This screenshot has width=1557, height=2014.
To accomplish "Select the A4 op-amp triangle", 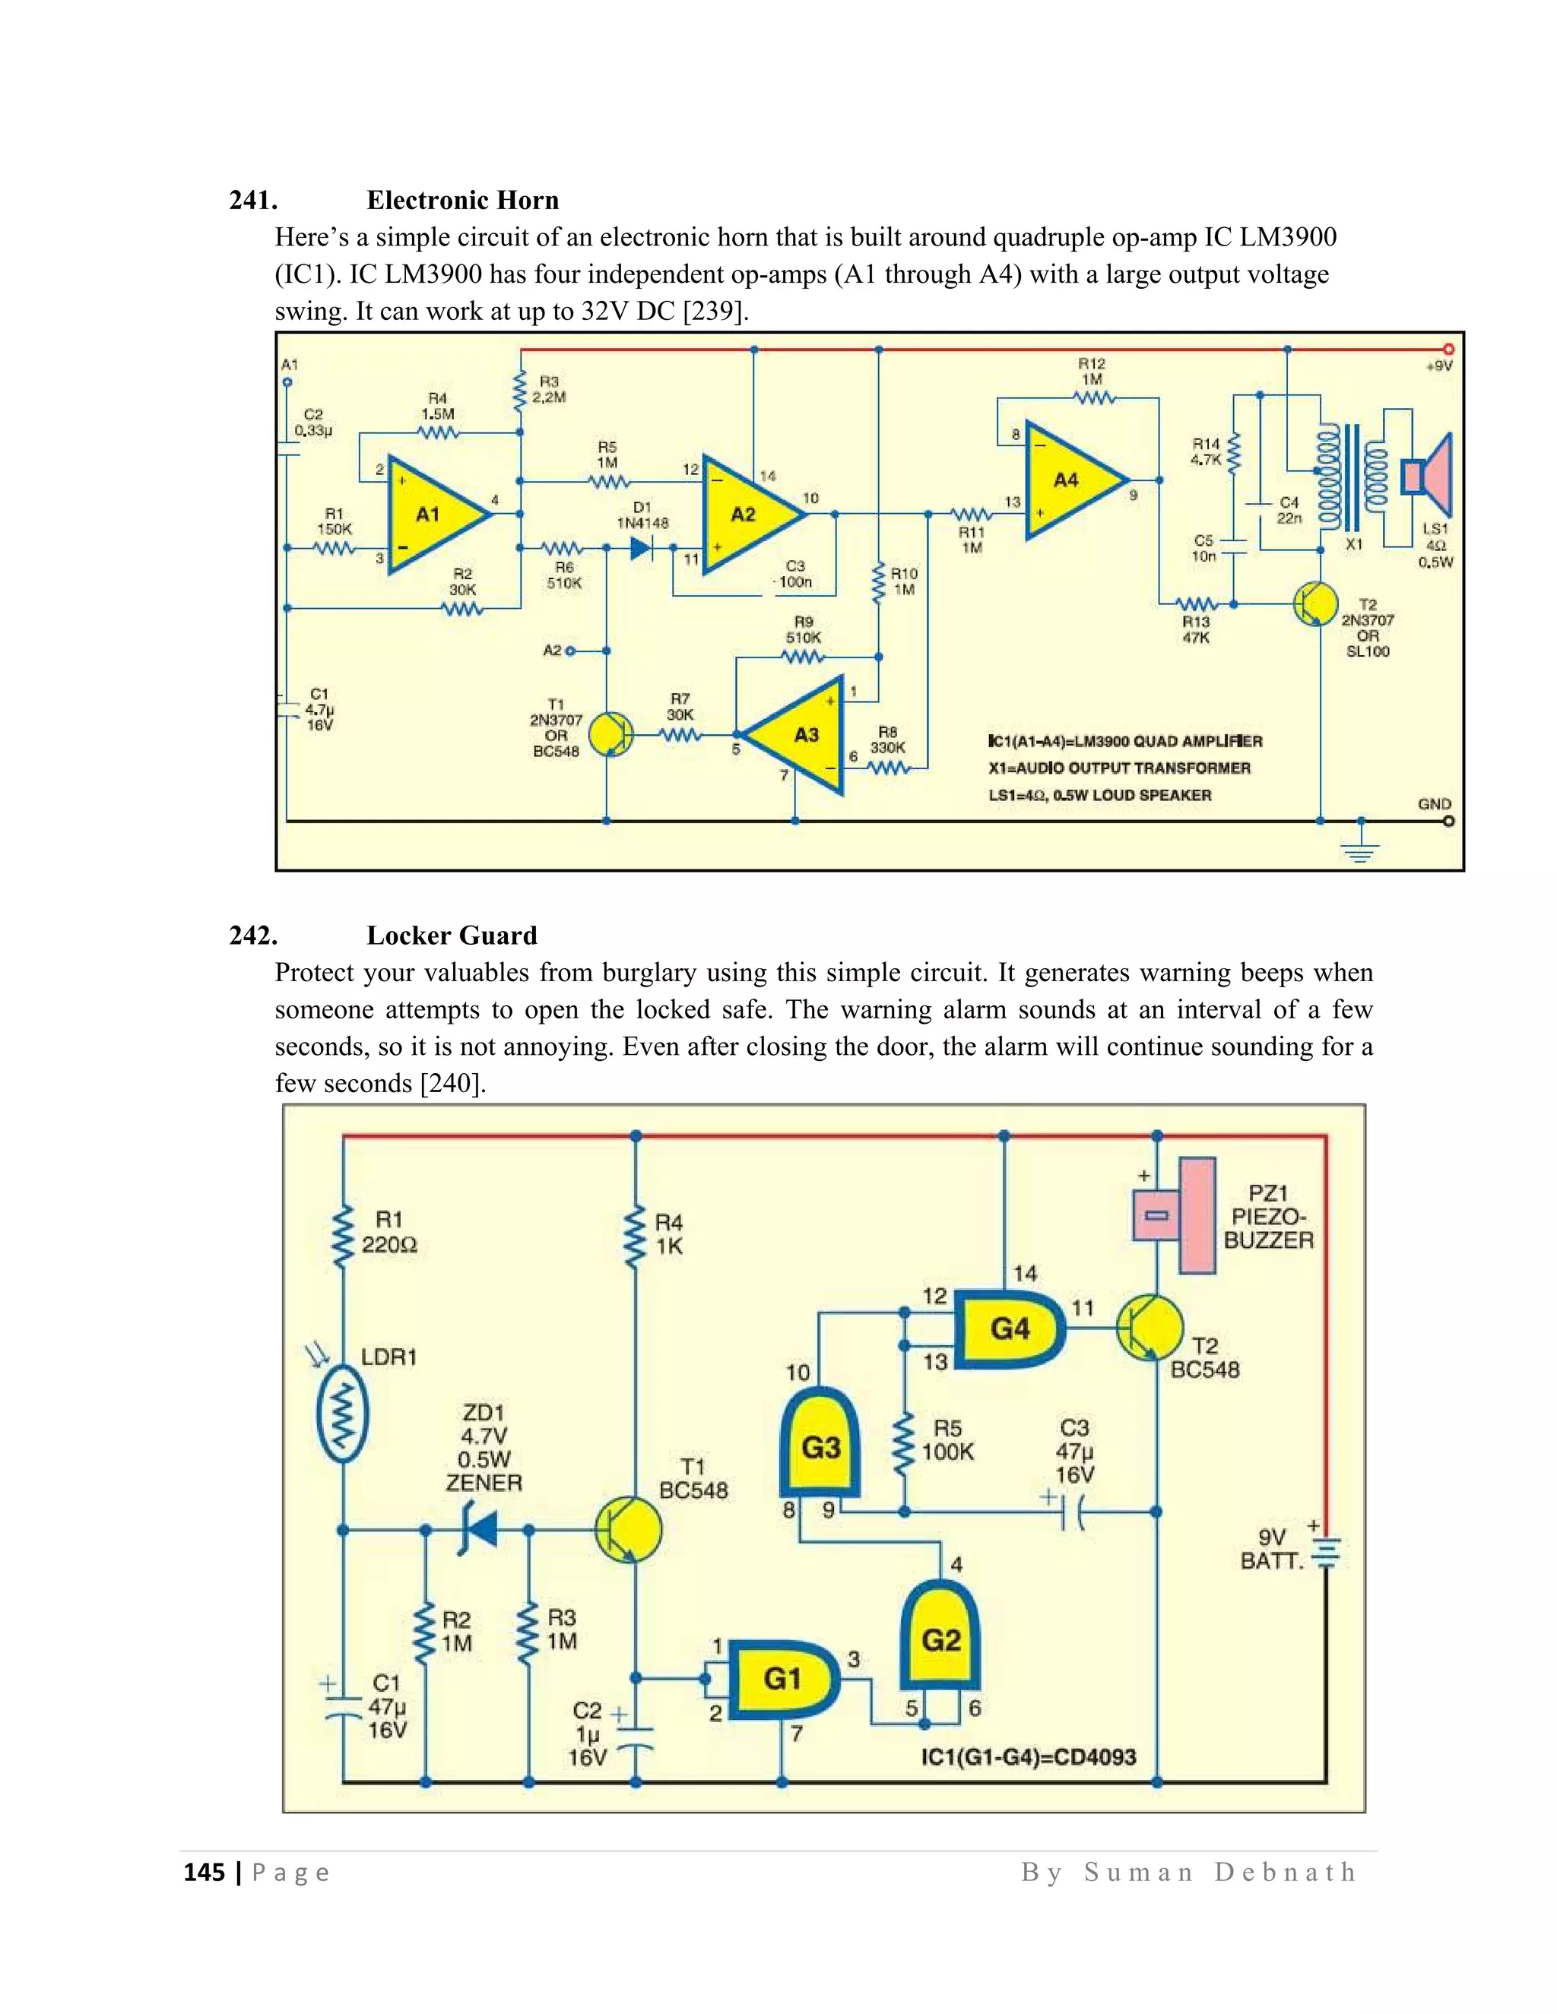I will click(1070, 480).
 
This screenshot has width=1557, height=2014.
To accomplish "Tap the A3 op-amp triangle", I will click(801, 735).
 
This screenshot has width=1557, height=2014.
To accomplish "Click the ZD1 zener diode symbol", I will click(480, 1530).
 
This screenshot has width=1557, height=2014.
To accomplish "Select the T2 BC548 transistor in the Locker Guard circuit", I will click(1150, 1328).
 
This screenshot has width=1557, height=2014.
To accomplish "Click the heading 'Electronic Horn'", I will click(462, 200).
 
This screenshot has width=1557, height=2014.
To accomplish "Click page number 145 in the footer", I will click(204, 1871).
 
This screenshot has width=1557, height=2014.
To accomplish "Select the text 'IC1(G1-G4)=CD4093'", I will click(1029, 1756).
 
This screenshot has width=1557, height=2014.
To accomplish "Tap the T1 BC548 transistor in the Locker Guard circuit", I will click(628, 1530).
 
